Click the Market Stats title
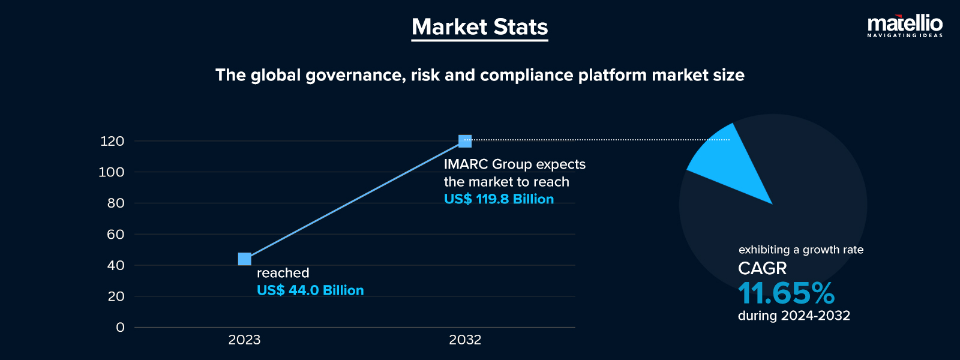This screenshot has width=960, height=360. tap(479, 27)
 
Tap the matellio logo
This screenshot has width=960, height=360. tap(904, 26)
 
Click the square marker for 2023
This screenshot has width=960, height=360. tap(244, 259)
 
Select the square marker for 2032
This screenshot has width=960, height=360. tap(465, 141)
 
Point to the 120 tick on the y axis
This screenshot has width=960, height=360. tap(112, 142)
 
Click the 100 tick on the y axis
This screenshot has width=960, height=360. tap(112, 172)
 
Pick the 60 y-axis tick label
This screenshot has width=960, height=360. tap(115, 235)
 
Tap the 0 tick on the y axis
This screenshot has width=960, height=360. tap(120, 328)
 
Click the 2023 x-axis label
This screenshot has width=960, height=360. tap(244, 340)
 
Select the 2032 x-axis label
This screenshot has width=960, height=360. tap(465, 340)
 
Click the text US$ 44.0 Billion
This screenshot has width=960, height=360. tap(310, 290)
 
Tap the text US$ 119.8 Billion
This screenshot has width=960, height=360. tap(499, 199)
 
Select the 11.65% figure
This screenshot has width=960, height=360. tap(786, 293)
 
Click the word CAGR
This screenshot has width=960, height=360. tap(762, 268)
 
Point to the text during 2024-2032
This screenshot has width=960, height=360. tap(794, 316)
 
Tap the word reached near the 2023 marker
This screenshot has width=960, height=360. tap(283, 273)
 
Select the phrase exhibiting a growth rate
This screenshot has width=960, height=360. tap(801, 250)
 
